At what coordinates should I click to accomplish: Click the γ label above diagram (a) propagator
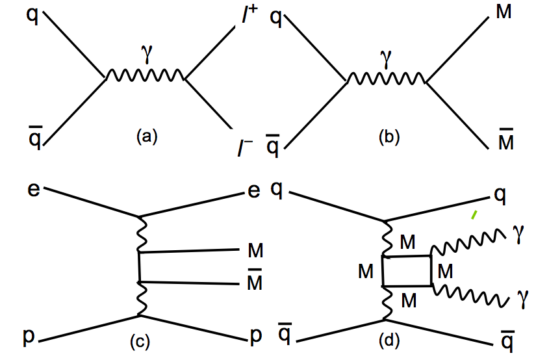146,59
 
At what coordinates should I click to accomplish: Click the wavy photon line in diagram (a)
145,77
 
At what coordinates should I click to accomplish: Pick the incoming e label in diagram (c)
32,189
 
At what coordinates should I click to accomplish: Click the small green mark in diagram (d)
474,214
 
